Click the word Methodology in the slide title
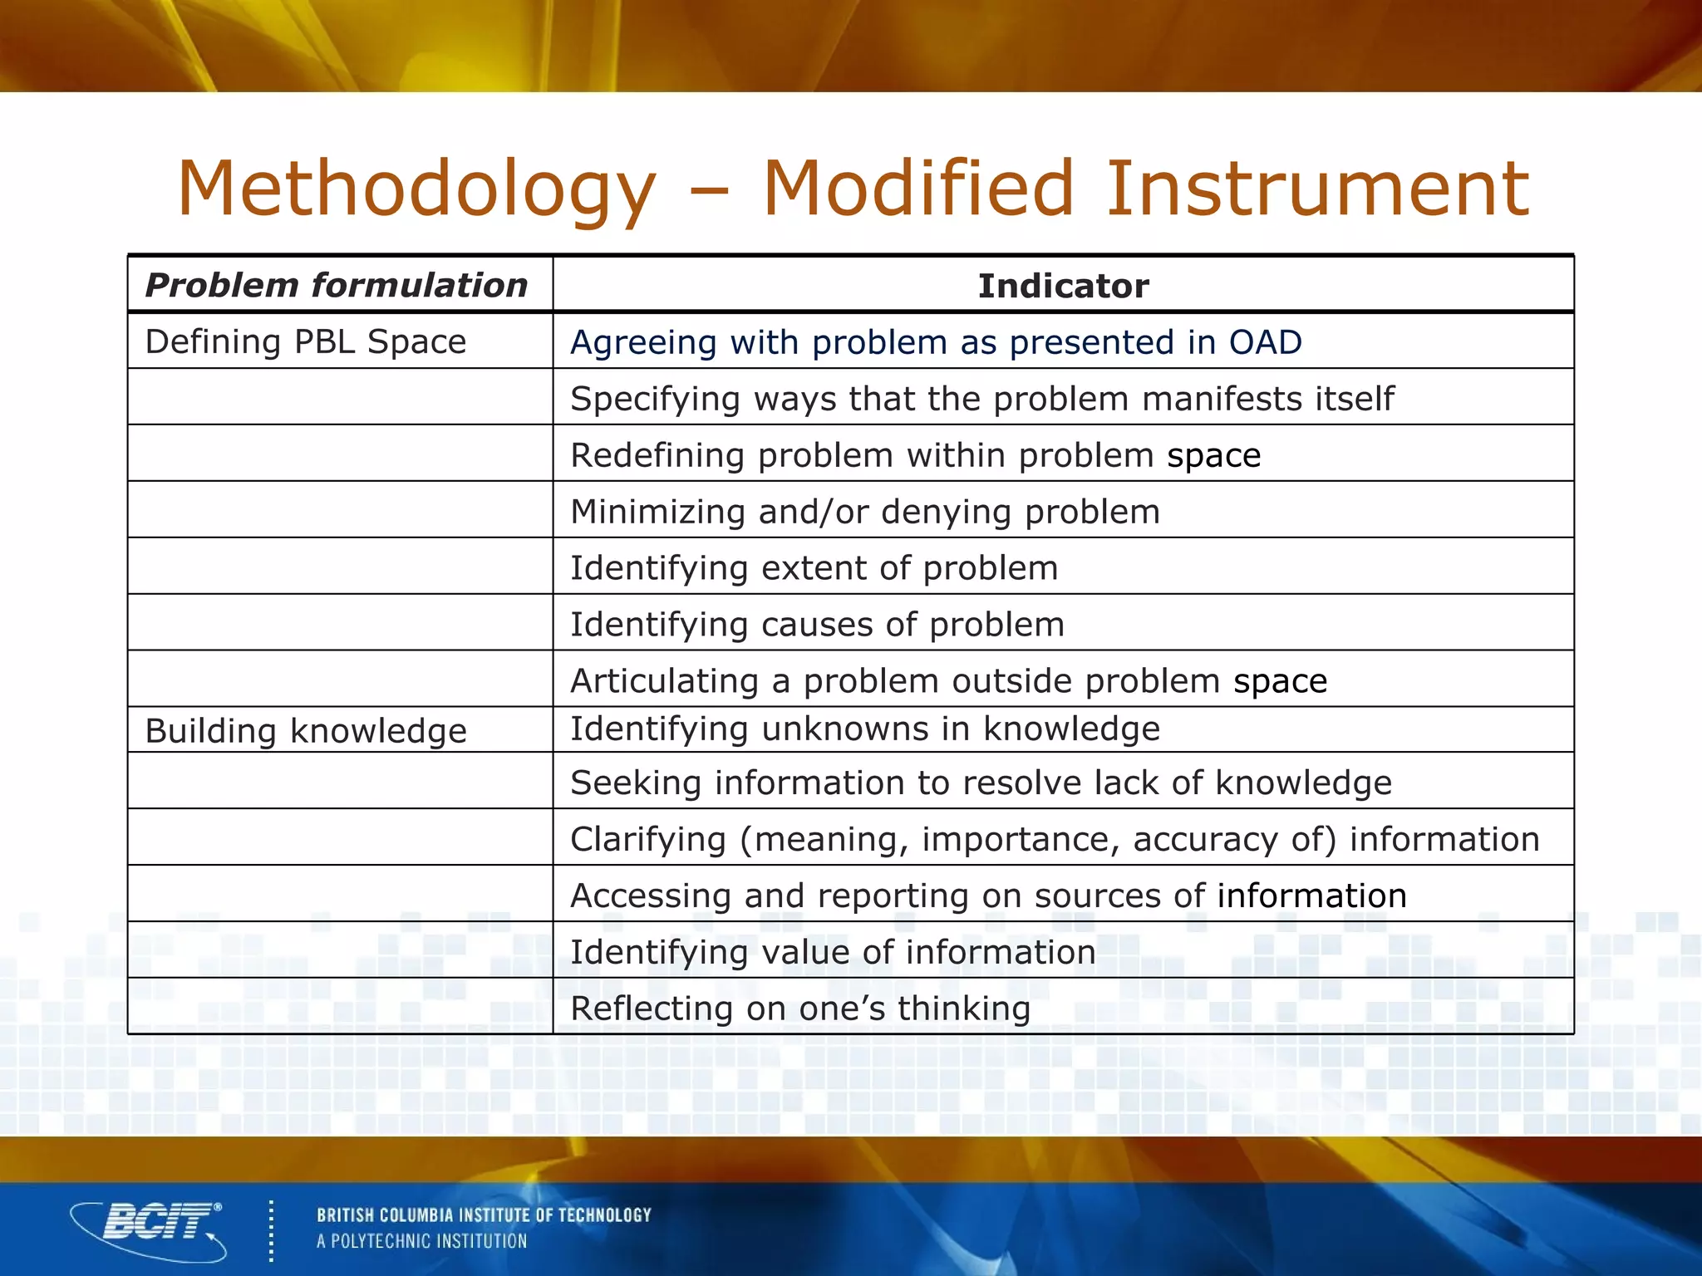416,189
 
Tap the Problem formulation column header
337,286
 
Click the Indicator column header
1063,286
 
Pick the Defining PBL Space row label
305,341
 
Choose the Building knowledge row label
305,731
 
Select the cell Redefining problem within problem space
915,455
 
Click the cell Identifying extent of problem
814,568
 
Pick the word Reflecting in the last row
651,1009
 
